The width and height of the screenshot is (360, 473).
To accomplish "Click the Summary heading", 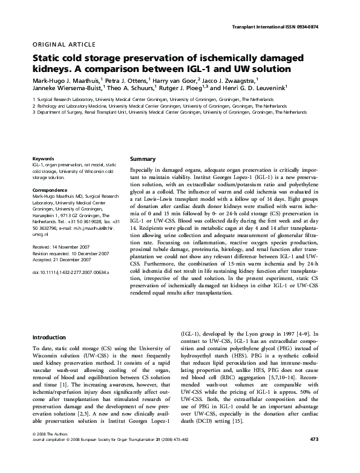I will point(143,158).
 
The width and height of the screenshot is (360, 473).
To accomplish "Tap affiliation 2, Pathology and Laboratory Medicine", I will point(160,105).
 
